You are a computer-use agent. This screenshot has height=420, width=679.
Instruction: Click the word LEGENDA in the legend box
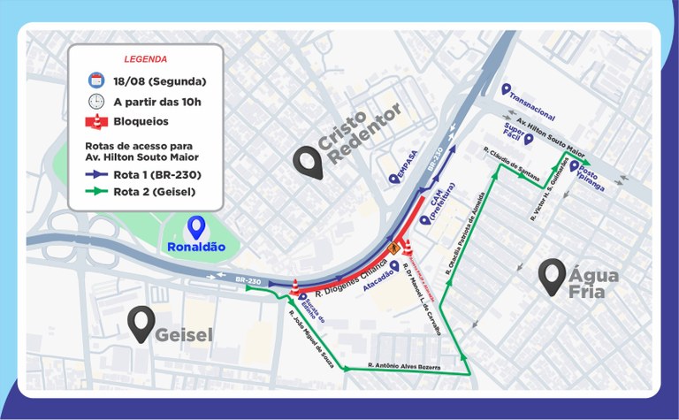[145, 60]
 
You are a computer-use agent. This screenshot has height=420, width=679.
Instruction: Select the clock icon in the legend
[96, 102]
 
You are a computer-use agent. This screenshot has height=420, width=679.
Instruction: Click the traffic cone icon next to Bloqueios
[96, 121]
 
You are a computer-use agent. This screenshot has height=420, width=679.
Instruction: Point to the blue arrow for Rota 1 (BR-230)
[97, 174]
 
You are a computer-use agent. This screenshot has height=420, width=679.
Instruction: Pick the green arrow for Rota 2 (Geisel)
[97, 191]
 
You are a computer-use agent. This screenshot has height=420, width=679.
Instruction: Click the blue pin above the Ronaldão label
[195, 228]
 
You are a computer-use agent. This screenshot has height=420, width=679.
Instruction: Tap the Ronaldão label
[195, 247]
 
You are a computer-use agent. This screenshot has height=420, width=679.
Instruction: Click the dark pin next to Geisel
[139, 324]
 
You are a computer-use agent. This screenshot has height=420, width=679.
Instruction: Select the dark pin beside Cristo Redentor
[308, 162]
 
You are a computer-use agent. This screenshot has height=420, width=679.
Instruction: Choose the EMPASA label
[402, 171]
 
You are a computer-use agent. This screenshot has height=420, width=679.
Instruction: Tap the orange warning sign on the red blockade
[393, 249]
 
